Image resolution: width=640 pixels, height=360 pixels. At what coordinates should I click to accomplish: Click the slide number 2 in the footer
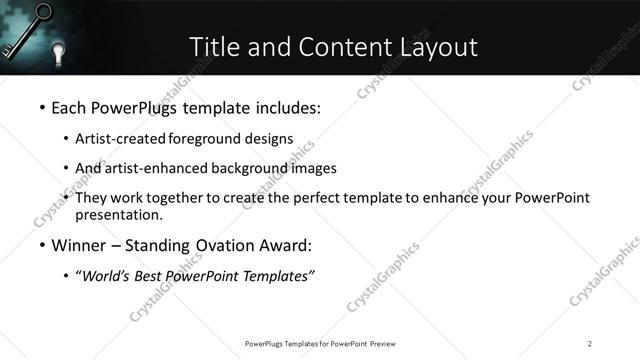[590, 343]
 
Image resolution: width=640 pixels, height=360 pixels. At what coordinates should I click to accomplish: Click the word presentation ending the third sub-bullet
[118, 215]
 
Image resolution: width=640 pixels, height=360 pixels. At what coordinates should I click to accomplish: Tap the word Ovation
[223, 245]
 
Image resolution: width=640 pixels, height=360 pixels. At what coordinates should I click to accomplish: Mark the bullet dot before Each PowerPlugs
[41, 108]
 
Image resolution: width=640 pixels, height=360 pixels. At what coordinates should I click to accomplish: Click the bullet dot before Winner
[41, 246]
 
